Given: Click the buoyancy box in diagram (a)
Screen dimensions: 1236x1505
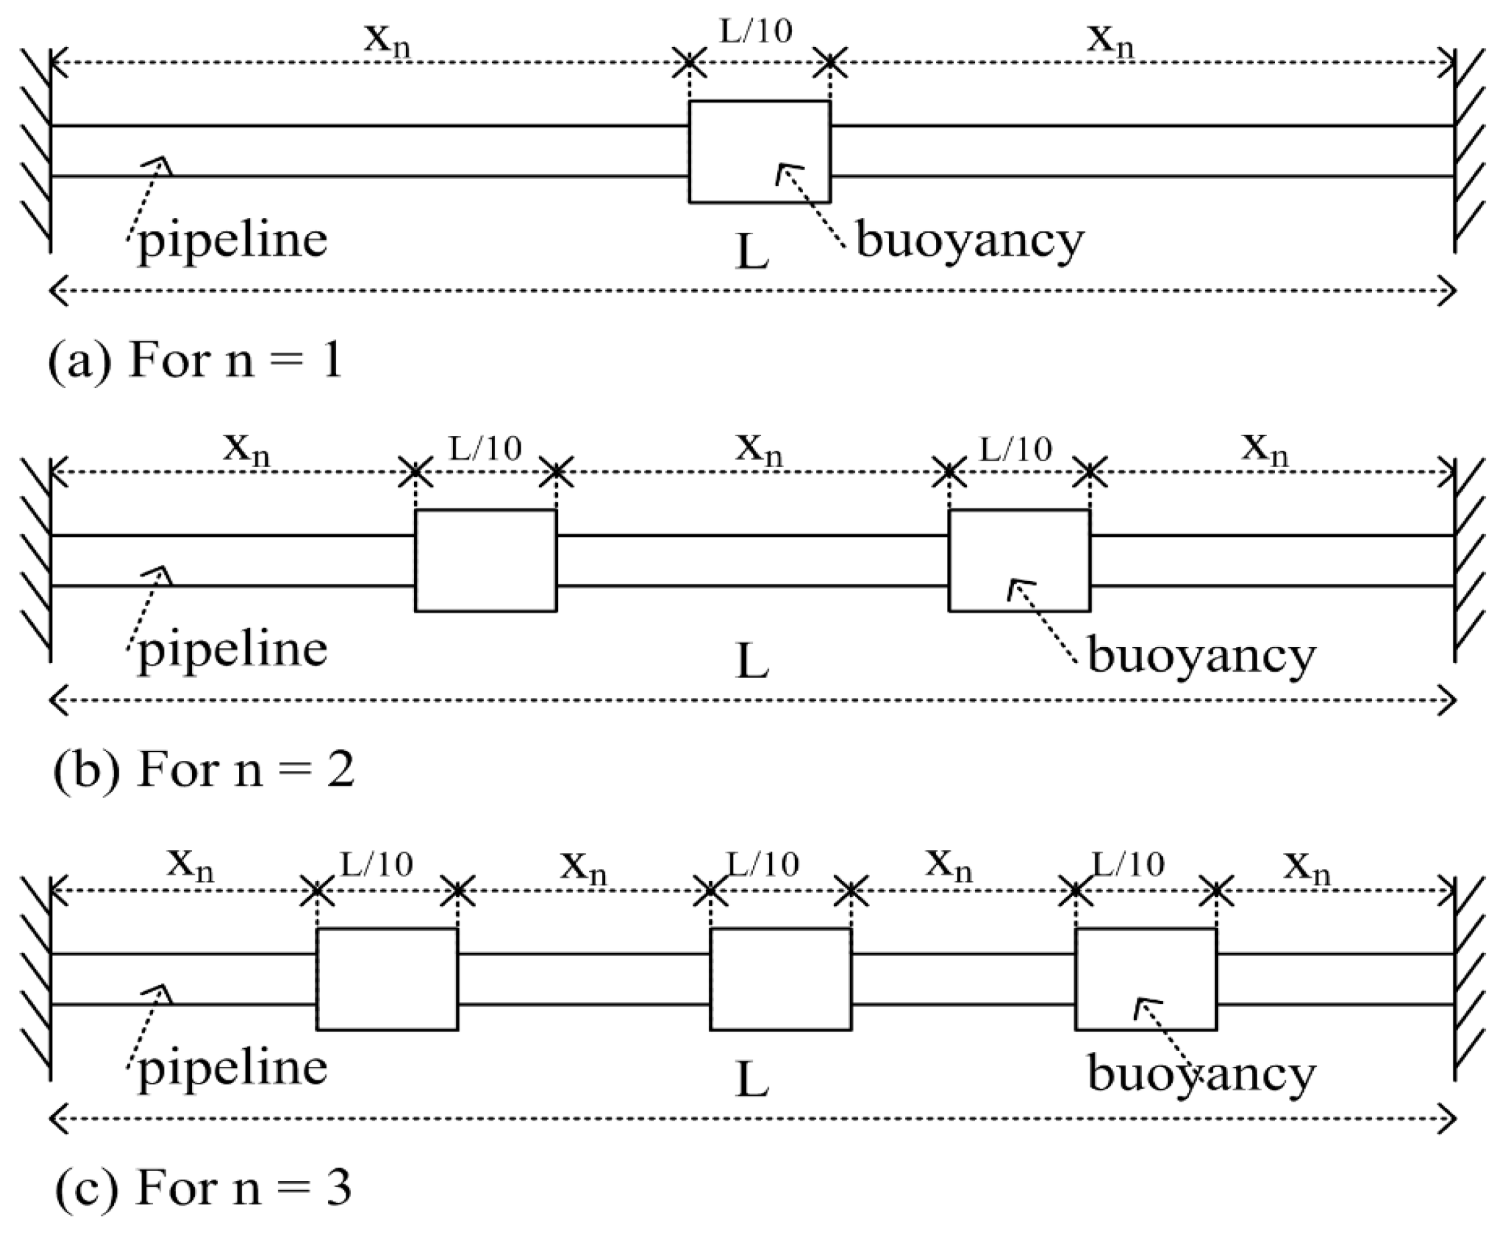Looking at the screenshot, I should coord(759,151).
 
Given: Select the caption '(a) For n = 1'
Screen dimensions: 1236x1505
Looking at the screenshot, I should coord(196,360).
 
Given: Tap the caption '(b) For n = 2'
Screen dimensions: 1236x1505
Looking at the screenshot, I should coord(203,769).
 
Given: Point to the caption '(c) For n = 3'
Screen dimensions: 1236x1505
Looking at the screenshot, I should coord(203,1187).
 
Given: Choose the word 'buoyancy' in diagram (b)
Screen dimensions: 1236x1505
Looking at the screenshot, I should coord(1201,656).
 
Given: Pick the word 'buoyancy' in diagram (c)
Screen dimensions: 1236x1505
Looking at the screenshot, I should coord(1201,1074).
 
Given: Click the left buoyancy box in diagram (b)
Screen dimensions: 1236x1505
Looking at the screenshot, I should coord(486,560).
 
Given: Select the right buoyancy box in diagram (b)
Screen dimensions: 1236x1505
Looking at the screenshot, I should coord(1019,560).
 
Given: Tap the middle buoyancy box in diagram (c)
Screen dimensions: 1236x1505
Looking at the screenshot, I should coord(780,979).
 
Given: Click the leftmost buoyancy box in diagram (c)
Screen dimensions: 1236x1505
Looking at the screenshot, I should coord(386,979).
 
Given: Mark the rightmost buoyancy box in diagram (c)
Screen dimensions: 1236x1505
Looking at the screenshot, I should coord(1145,979).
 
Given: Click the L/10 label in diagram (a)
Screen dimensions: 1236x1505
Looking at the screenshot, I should coord(756,32).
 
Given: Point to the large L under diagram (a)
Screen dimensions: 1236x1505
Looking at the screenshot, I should coord(751,253).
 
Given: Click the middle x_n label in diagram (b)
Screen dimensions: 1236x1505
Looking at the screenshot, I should coord(759,450).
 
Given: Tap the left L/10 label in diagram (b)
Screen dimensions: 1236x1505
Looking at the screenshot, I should coord(486,448).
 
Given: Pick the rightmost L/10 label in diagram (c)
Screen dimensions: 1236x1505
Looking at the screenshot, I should coord(1129,864).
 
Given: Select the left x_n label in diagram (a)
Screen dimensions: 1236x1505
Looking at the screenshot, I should coord(387,39).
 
